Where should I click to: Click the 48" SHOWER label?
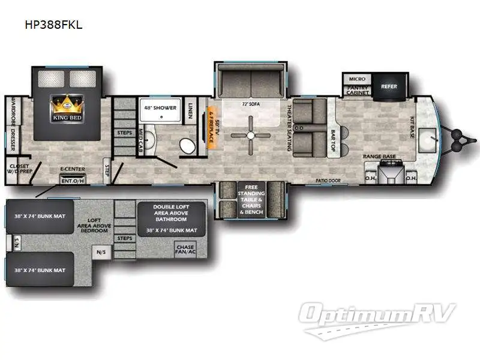click(x=160, y=107)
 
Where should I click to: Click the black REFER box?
click(x=389, y=86)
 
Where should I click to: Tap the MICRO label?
click(x=357, y=79)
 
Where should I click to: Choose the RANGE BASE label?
click(x=380, y=157)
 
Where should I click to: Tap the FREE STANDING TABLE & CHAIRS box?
click(x=251, y=199)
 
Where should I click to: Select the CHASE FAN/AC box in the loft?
click(x=186, y=249)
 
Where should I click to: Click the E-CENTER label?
click(x=72, y=170)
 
